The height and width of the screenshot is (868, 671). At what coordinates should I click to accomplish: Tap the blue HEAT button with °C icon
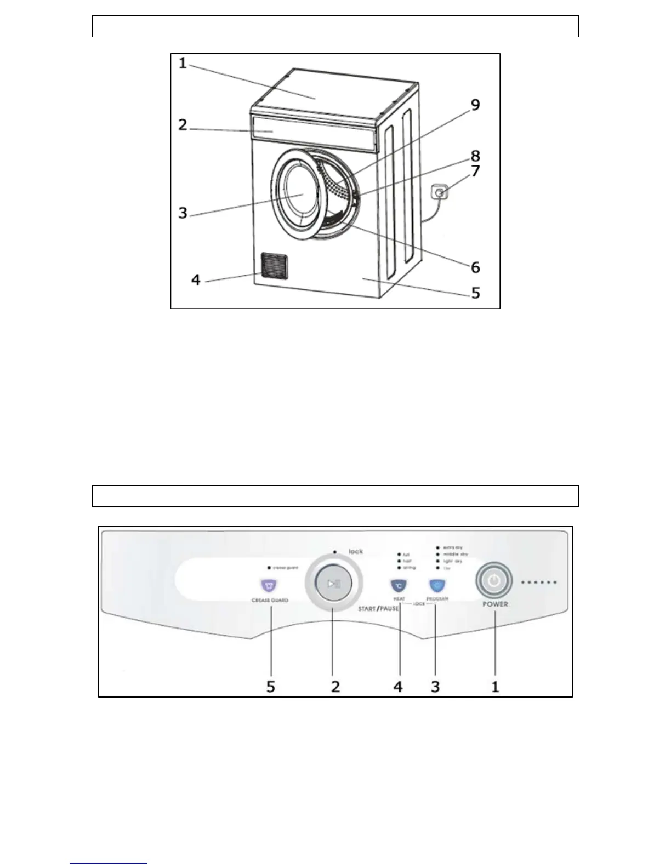pyautogui.click(x=399, y=586)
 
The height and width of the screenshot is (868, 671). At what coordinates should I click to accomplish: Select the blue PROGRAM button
pyautogui.click(x=436, y=586)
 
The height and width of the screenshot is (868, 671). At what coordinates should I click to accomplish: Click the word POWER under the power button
pyautogui.click(x=495, y=604)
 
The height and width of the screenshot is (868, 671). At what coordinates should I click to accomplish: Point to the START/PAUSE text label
pyautogui.click(x=378, y=609)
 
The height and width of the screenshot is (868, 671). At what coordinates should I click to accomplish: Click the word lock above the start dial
pyautogui.click(x=356, y=551)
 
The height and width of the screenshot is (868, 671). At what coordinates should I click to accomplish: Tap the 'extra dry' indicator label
pyautogui.click(x=452, y=547)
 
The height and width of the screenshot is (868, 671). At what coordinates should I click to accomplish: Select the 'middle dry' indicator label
pyautogui.click(x=455, y=554)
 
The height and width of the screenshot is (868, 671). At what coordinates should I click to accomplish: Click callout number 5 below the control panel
pyautogui.click(x=270, y=686)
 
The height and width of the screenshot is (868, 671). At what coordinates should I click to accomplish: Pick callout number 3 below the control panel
pyautogui.click(x=435, y=686)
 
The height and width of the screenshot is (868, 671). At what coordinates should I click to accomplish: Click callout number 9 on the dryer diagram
pyautogui.click(x=474, y=104)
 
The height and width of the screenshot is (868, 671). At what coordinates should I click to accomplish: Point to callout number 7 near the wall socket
pyautogui.click(x=475, y=170)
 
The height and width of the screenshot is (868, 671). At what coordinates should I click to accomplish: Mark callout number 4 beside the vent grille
pyautogui.click(x=196, y=280)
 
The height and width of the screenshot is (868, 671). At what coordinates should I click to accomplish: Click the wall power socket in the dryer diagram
pyautogui.click(x=439, y=193)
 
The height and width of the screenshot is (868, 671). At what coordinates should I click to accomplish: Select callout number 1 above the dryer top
pyautogui.click(x=183, y=64)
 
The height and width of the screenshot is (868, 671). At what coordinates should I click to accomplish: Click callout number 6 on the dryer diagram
pyautogui.click(x=475, y=267)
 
